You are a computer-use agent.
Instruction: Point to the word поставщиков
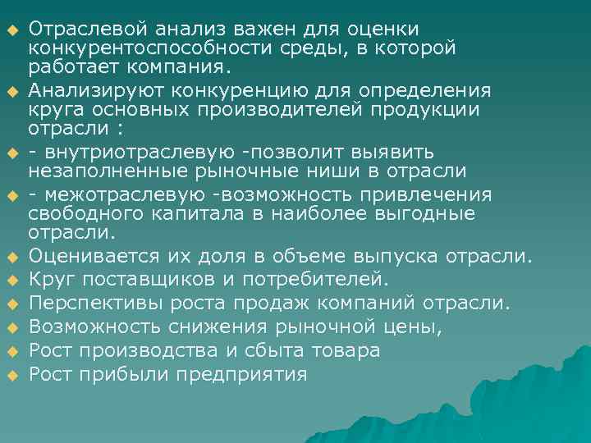[x=130, y=280]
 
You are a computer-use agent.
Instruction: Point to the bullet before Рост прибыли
[x=13, y=377]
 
